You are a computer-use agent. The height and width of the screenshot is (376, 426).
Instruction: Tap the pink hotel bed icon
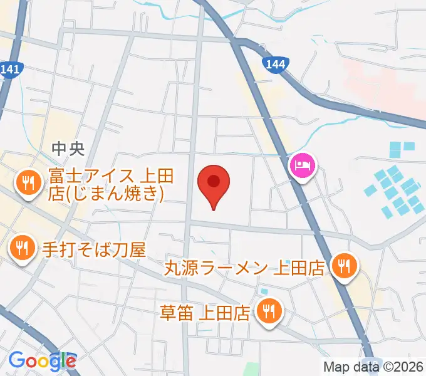point(303,167)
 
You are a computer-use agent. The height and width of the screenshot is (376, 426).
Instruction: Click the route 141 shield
point(11,70)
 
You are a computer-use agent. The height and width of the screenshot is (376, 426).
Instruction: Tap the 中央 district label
point(68,149)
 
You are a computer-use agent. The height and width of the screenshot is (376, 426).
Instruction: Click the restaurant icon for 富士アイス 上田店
point(28,184)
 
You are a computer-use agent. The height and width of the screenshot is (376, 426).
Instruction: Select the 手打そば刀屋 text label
point(93,250)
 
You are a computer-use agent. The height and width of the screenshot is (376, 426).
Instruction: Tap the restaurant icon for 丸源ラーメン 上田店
point(343,266)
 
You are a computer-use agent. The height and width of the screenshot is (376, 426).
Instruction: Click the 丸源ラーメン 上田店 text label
point(244,268)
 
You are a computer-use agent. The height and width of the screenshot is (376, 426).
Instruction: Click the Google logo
point(42,360)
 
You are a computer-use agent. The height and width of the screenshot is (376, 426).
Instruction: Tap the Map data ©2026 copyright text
point(373,367)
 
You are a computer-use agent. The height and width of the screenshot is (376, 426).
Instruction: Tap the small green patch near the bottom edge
point(251,370)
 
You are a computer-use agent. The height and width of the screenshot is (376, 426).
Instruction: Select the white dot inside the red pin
point(214,180)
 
